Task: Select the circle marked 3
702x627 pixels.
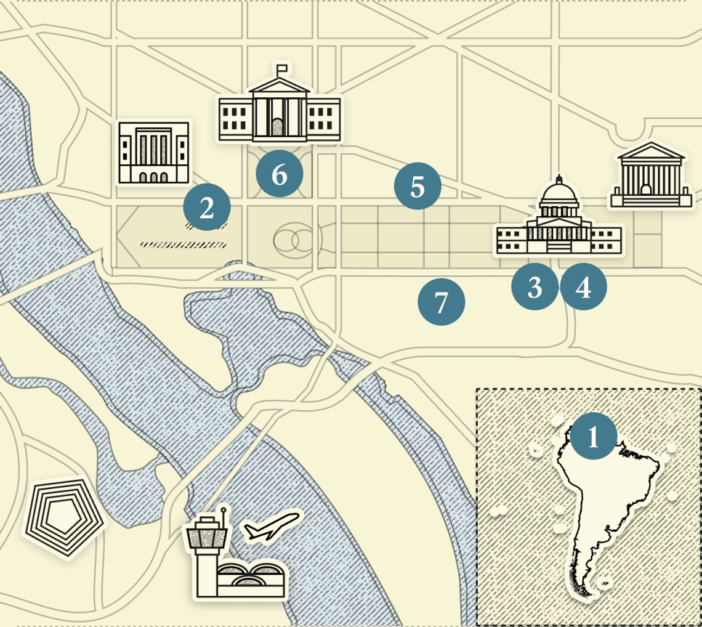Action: (535, 286)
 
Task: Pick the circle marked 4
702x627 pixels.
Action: (583, 286)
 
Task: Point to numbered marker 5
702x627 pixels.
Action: (418, 186)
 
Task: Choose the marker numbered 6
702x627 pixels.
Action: (280, 174)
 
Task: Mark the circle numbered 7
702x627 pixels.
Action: (441, 302)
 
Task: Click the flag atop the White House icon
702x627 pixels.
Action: (282, 68)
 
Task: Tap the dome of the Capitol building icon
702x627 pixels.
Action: (559, 196)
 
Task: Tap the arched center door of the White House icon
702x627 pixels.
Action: (278, 127)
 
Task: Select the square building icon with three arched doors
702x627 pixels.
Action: (154, 152)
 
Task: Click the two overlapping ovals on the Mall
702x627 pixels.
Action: (294, 241)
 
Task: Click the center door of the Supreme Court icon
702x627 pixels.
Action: (645, 190)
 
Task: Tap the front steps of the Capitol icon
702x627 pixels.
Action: (559, 246)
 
